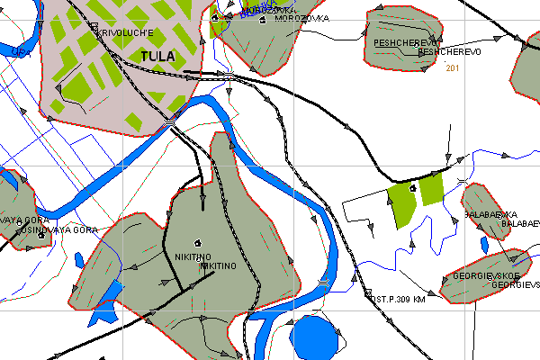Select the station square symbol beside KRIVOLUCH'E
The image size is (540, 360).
(93, 27)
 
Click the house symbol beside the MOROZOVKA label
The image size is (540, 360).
(262, 19)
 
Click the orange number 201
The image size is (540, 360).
(453, 68)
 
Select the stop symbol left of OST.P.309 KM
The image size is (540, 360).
(367, 291)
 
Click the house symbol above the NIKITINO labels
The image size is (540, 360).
(198, 242)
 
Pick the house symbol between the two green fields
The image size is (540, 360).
(413, 188)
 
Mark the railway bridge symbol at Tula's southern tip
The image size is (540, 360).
(170, 121)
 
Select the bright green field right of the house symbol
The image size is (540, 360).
(432, 189)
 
